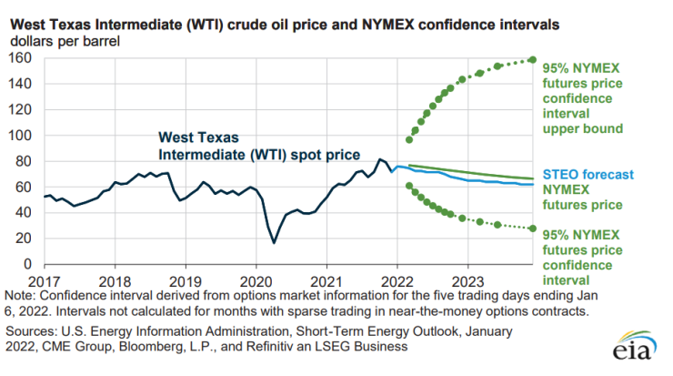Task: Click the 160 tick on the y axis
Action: [x=21, y=57]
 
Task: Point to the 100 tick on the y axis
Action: [x=21, y=135]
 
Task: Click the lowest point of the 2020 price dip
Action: [x=274, y=242]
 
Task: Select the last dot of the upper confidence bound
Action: [x=532, y=60]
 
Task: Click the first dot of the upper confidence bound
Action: [x=409, y=139]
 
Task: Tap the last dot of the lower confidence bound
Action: [x=532, y=228]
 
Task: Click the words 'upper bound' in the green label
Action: [x=582, y=129]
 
